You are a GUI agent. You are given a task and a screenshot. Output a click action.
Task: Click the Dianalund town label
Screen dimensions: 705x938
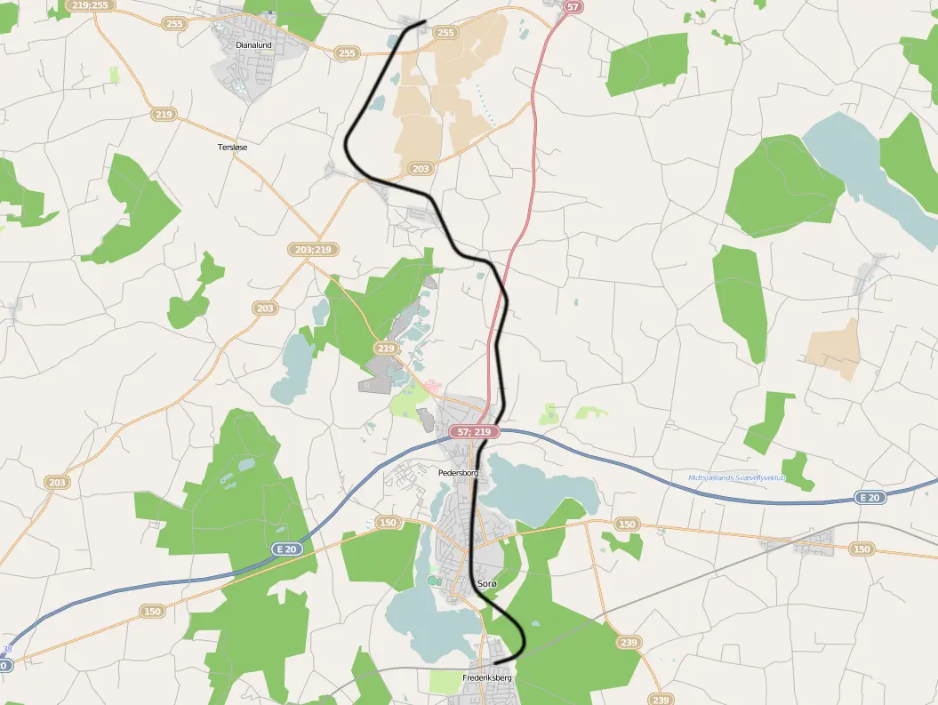253,44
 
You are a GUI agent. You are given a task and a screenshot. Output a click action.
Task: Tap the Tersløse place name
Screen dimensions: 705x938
232,147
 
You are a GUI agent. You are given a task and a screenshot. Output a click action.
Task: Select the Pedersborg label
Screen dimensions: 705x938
458,473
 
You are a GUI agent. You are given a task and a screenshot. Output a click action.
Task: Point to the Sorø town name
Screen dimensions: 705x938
487,583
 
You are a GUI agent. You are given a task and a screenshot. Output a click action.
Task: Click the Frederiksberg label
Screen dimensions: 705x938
487,678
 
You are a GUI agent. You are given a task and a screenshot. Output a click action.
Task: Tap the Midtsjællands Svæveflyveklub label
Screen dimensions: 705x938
737,477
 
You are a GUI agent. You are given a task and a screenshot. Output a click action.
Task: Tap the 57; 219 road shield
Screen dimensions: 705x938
474,432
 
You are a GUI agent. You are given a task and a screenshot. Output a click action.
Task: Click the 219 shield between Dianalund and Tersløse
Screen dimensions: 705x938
164,115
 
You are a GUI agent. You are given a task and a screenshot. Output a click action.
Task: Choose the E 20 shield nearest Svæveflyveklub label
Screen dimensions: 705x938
870,498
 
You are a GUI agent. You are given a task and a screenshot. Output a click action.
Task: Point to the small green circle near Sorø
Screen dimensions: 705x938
433,581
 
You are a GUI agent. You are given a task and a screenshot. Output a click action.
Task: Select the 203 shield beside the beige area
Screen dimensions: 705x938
421,168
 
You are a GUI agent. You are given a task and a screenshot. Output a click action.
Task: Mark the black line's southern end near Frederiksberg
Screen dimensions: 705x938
496,662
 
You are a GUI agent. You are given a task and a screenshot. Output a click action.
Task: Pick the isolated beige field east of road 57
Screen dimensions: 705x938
836,348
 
